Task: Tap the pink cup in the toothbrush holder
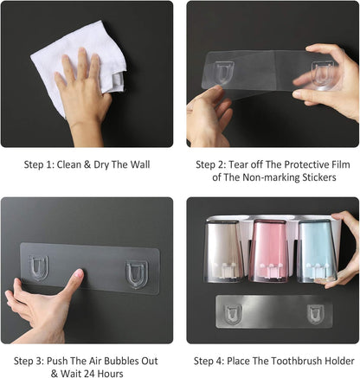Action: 268,251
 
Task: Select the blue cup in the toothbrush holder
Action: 317,251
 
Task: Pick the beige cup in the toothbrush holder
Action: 223,252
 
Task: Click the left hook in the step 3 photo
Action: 38,268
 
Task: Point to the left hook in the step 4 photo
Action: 233,315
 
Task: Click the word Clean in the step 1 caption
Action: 69,164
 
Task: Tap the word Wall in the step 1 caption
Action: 139,164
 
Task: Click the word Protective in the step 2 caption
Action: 305,164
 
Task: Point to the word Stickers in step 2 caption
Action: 319,177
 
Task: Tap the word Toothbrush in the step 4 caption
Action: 297,361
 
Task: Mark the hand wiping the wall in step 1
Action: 84,95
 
